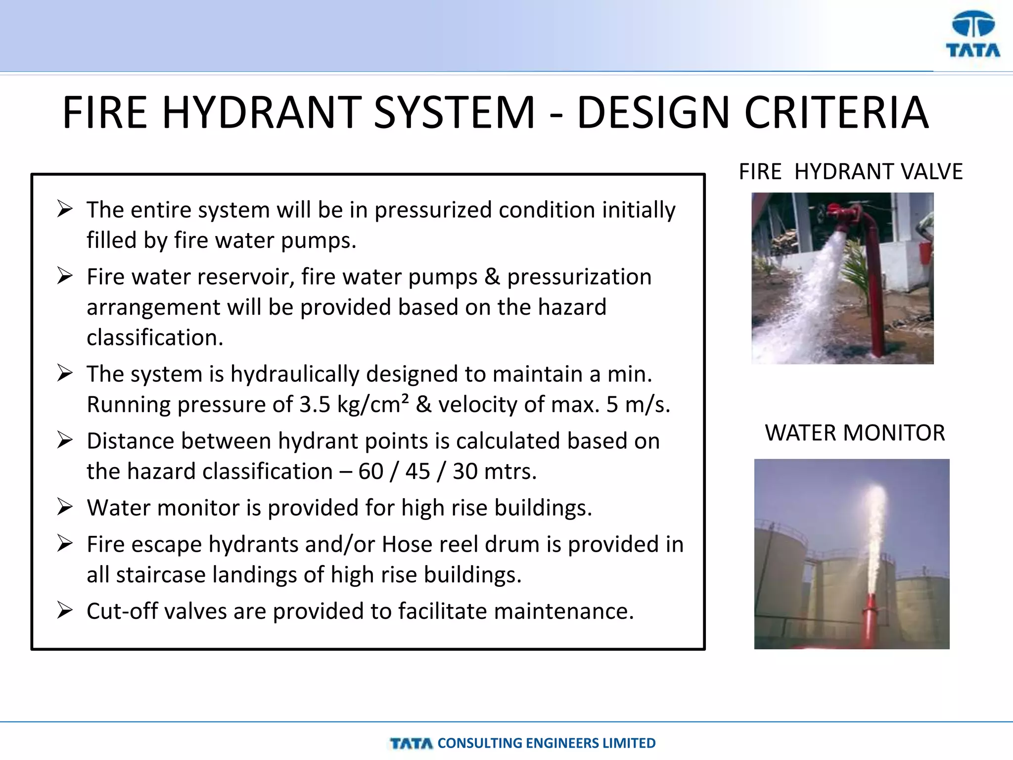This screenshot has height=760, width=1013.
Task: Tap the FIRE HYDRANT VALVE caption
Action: (x=850, y=172)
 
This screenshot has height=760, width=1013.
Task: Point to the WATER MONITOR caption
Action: (x=855, y=432)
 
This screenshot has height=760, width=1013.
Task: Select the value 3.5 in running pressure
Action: (x=315, y=405)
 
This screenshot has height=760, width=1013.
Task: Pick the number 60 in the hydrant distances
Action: (x=370, y=472)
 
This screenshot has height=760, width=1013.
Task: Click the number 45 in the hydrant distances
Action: (x=417, y=472)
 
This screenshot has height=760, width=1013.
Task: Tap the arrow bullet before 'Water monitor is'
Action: (x=65, y=507)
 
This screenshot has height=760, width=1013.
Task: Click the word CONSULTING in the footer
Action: (x=479, y=743)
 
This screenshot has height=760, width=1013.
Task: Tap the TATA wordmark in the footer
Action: (x=411, y=743)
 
